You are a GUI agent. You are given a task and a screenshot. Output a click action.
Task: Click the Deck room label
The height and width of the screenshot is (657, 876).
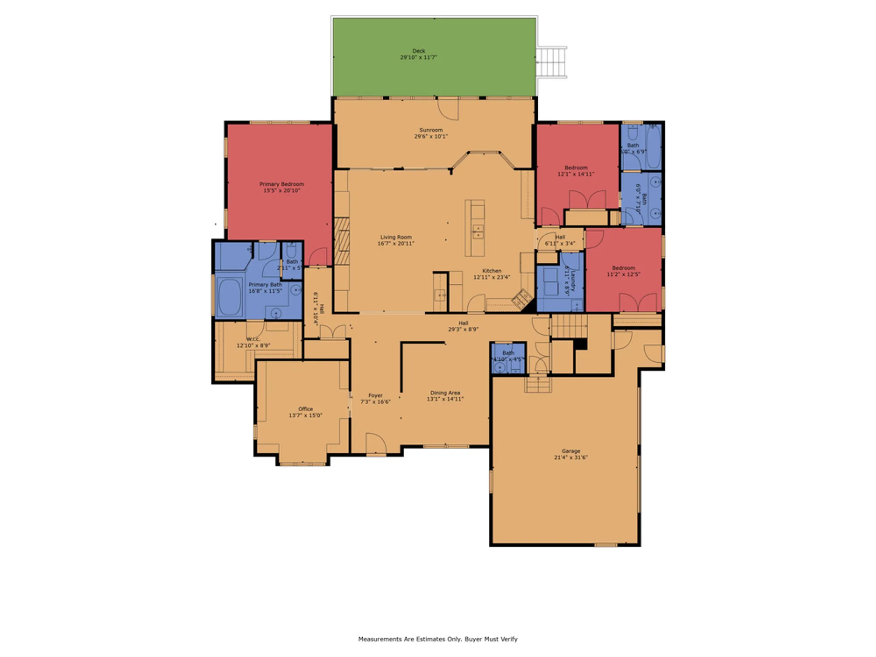418,51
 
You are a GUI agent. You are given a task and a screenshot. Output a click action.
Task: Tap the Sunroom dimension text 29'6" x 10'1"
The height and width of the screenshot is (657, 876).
431,136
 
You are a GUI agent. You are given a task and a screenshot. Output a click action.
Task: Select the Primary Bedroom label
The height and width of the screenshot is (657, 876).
281,184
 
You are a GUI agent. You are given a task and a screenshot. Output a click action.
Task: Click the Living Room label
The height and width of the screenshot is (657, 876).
396,237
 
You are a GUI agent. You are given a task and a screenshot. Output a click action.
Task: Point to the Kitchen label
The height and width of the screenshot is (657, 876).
491,271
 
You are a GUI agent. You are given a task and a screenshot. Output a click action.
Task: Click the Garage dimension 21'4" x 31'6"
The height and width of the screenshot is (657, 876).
571,457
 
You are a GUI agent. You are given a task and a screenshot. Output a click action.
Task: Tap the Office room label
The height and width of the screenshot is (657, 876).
305,409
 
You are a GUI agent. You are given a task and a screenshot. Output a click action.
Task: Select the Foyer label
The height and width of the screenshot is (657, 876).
375,395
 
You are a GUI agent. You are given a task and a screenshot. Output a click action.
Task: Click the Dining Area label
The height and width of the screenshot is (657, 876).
445,393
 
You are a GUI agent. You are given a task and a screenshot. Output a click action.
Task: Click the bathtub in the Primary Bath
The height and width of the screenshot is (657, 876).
230,297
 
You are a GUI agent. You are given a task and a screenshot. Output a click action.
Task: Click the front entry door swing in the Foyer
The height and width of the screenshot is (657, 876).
376,444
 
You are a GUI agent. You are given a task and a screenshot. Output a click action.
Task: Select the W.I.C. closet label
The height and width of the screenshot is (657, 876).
253,339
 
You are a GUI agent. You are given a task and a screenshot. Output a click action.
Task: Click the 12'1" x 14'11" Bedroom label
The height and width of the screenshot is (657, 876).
576,168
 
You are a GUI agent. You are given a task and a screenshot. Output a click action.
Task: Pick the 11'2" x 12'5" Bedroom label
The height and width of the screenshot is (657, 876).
623,268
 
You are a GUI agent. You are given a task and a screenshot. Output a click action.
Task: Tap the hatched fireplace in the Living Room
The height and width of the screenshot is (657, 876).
342,241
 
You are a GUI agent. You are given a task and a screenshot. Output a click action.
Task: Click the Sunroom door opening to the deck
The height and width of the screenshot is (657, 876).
448,109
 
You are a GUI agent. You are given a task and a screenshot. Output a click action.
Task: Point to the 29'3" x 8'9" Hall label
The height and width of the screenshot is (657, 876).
463,323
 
